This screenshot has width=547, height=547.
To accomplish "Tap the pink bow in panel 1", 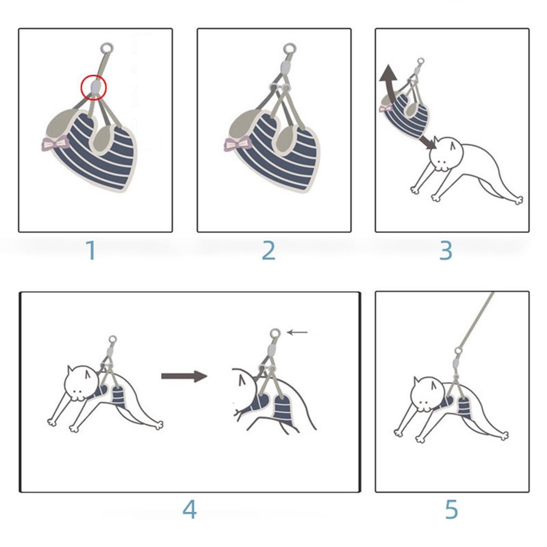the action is tap(55, 144).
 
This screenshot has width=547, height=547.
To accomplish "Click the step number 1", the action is tap(91, 250).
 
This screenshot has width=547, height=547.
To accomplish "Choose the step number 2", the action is tap(269, 250).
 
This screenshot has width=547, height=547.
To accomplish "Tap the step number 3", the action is tap(446, 250).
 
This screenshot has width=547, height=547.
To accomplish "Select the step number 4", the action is tap(190, 510).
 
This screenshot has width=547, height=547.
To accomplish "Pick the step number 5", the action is tap(451, 510).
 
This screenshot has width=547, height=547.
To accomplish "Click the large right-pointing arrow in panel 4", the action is tap(184, 376).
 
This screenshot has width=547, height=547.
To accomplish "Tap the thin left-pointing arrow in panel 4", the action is tap(297, 332).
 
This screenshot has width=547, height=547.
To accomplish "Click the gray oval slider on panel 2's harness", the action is tap(286, 66).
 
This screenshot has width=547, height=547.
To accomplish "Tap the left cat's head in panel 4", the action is tap(82, 383).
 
